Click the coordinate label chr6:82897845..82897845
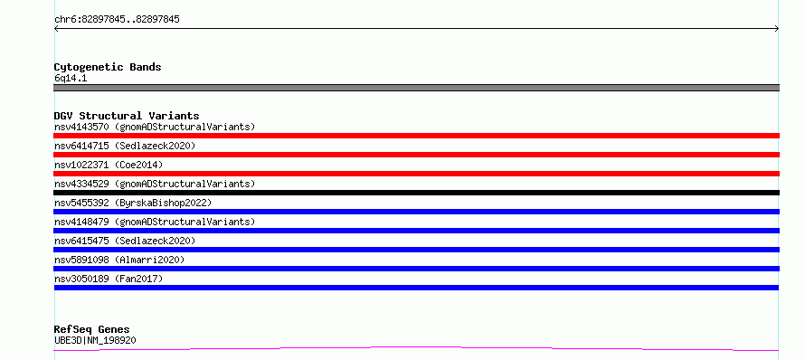click(117, 20)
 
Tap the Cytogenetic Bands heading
click(108, 67)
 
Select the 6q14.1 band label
click(71, 78)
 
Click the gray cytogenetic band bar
click(416, 88)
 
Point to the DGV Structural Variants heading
click(127, 116)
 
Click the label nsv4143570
click(81, 127)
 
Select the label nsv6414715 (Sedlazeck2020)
click(125, 146)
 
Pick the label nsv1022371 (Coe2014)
click(109, 165)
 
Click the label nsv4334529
click(81, 184)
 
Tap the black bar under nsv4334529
click(416, 193)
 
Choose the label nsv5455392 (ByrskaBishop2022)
click(133, 203)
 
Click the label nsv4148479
click(81, 222)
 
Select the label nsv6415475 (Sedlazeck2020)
click(125, 241)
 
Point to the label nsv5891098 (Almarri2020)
click(119, 260)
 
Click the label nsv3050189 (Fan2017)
click(109, 279)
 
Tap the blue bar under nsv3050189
click(416, 288)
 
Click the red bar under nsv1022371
click(416, 174)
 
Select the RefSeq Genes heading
click(92, 329)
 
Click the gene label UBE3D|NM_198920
click(95, 340)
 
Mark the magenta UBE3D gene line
click(416, 349)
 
